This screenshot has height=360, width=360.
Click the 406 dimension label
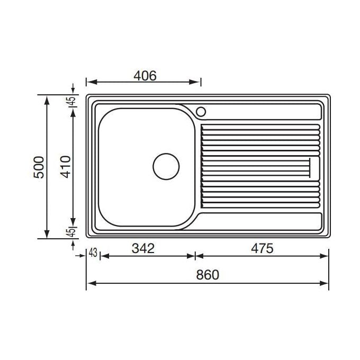pos(145,76)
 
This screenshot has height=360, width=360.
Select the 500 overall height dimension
pos(39,167)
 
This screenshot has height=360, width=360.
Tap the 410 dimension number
pos(66,167)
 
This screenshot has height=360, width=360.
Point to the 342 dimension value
pos(143,248)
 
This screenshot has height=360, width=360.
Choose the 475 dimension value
pos(262,248)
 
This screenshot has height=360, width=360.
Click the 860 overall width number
pos(208,275)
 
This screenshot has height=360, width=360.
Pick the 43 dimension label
pos(93,253)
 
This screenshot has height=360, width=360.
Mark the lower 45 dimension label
pos(71,232)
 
